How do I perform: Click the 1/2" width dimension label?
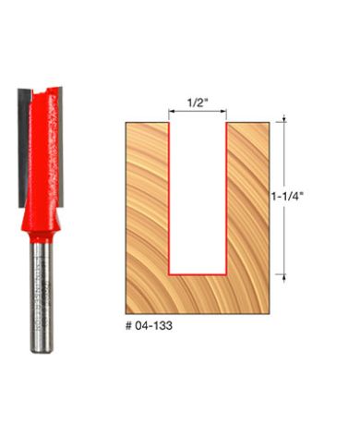tap(196, 103)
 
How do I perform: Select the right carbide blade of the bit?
tap(60, 139)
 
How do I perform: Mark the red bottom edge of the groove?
tap(198, 274)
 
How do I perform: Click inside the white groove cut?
tap(198, 194)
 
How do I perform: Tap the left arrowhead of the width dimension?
tap(172, 115)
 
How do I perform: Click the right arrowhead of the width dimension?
tap(223, 115)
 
